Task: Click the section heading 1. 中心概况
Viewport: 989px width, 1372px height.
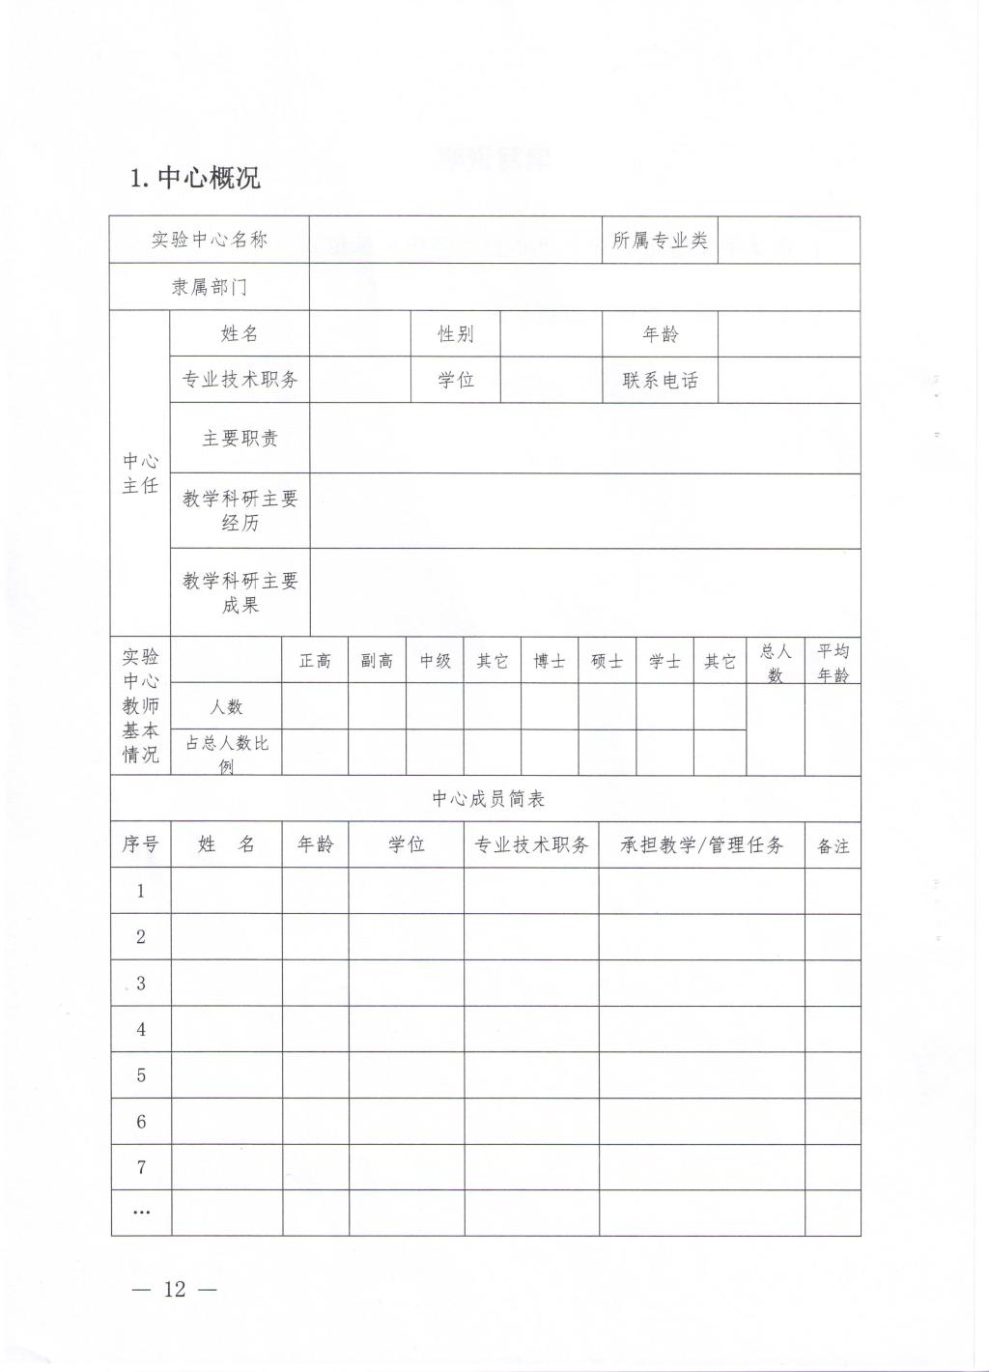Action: coord(195,178)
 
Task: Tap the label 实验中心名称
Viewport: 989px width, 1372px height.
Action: coord(209,240)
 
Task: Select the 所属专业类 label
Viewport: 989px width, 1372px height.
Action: coord(660,240)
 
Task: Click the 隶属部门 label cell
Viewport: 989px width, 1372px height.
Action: coord(209,287)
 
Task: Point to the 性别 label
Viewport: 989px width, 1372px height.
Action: coord(455,334)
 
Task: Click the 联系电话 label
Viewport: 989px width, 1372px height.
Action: coord(660,380)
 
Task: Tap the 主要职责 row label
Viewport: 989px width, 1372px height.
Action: coord(240,438)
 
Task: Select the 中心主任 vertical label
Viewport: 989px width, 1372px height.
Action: coord(140,473)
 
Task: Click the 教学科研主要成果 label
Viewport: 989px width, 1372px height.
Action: coord(240,592)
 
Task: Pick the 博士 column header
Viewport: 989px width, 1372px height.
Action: coord(550,662)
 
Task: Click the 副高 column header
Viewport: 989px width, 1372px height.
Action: coord(377,662)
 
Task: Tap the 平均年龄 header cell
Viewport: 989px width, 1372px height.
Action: coord(833,663)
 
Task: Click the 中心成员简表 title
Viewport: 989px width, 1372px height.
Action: coord(488,799)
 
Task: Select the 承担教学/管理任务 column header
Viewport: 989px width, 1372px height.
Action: coord(701,845)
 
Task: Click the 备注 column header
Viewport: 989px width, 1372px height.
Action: coord(833,846)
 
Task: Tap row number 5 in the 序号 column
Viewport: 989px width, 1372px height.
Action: coord(141,1075)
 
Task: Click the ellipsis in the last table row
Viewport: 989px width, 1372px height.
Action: coord(141,1212)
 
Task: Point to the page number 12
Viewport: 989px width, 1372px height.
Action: coord(174,1289)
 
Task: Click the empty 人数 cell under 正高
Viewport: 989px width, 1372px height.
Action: coord(315,707)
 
